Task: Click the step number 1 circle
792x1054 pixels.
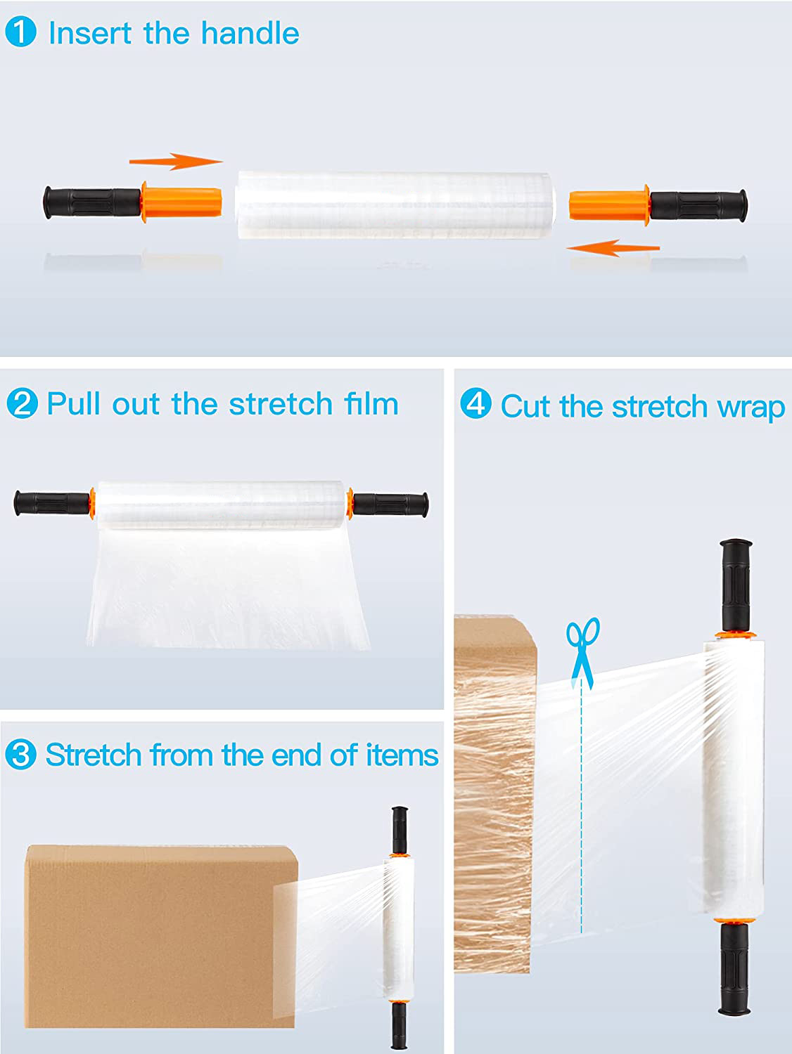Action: click(21, 33)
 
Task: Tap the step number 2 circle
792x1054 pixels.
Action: click(21, 404)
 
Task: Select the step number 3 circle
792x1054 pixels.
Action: click(20, 755)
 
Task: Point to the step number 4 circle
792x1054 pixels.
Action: click(475, 405)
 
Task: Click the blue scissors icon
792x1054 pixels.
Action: click(583, 650)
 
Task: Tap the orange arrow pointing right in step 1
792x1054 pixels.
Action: click(176, 162)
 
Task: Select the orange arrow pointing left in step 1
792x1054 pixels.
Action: click(613, 247)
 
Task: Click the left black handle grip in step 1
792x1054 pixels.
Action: click(92, 202)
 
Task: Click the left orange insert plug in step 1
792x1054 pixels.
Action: click(182, 202)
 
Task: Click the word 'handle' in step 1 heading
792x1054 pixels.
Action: click(250, 33)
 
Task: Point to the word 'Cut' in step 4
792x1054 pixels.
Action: click(525, 407)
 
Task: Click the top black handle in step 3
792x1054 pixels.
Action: click(400, 829)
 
